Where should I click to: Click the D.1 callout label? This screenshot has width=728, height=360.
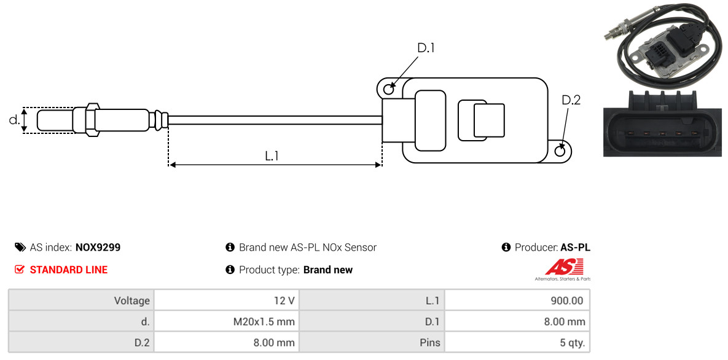click(x=426, y=48)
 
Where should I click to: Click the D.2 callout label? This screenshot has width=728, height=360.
click(x=571, y=100)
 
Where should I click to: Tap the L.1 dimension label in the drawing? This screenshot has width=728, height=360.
click(x=272, y=156)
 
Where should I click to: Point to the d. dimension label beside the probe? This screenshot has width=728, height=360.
click(x=14, y=120)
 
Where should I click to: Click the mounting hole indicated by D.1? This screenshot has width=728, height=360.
click(x=389, y=90)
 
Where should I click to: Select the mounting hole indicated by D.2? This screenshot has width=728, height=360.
click(x=560, y=151)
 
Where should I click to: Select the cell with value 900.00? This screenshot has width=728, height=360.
click(x=517, y=301)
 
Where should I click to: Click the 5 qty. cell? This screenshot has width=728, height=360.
click(x=517, y=343)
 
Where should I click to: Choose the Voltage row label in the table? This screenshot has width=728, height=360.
click(x=81, y=301)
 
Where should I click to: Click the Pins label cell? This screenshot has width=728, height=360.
click(x=371, y=343)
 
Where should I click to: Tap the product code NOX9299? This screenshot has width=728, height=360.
click(x=98, y=248)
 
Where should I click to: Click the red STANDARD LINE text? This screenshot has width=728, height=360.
click(x=68, y=270)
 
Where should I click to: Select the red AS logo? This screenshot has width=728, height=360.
click(x=563, y=268)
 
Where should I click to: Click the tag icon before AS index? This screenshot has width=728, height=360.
click(x=20, y=248)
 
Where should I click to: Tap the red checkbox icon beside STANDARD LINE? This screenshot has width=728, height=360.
click(x=20, y=270)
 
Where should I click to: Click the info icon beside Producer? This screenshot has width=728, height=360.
click(x=506, y=248)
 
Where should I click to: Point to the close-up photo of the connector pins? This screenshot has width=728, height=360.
click(x=661, y=123)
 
